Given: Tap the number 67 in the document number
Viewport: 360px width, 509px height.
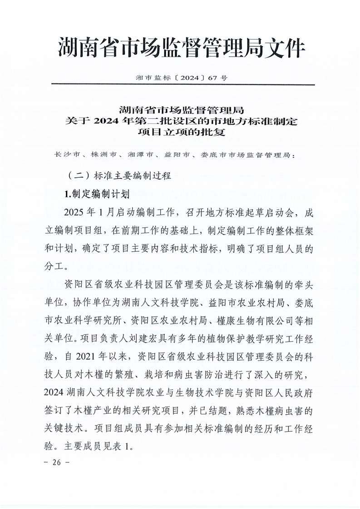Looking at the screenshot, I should [x=213, y=78].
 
